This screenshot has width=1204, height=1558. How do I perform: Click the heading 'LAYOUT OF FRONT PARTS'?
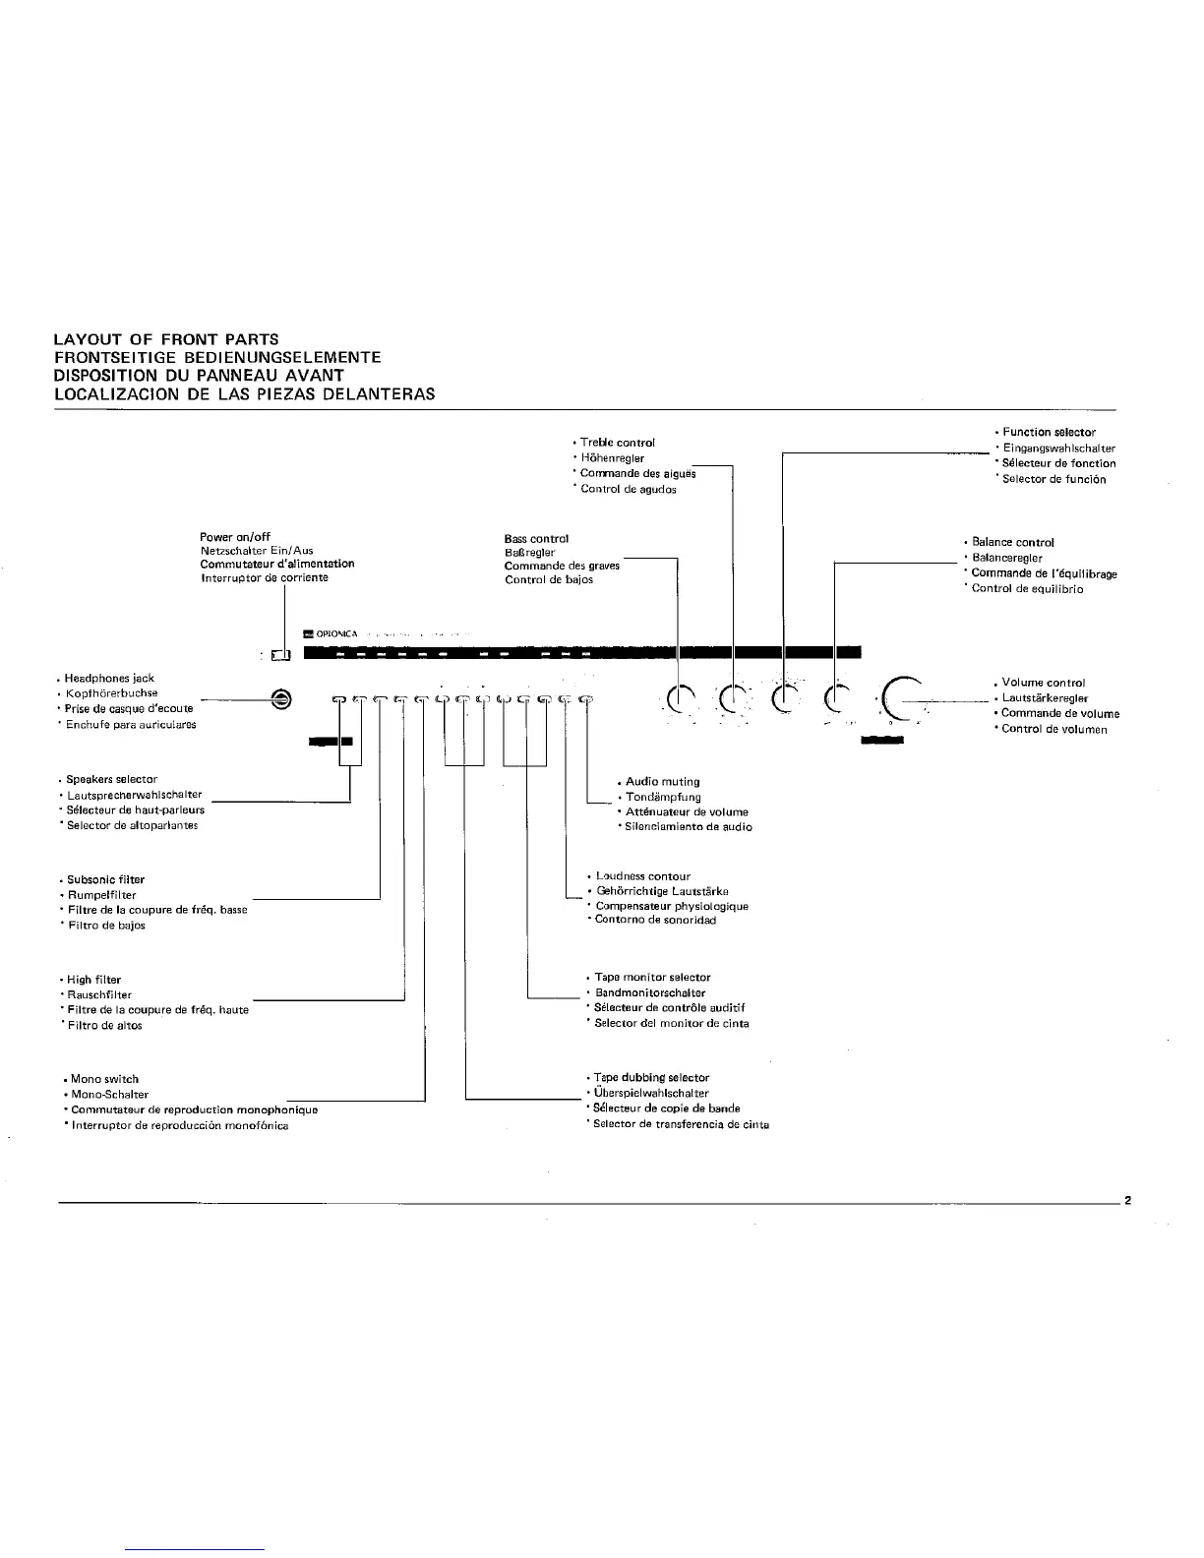click(166, 339)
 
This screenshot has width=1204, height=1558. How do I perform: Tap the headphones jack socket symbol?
click(281, 698)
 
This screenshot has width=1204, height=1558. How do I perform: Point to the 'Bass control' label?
click(536, 539)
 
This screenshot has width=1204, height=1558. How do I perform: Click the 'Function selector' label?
click(1048, 433)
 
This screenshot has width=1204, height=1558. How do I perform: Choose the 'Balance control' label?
click(1012, 542)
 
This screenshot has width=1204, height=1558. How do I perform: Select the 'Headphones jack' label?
click(109, 678)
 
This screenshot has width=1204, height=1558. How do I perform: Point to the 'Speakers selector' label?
click(111, 779)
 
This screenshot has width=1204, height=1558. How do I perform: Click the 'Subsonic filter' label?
click(105, 879)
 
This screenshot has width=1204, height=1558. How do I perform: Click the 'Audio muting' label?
click(662, 782)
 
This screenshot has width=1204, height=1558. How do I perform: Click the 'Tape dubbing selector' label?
click(651, 1078)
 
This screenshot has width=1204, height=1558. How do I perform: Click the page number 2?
click(1128, 1201)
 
